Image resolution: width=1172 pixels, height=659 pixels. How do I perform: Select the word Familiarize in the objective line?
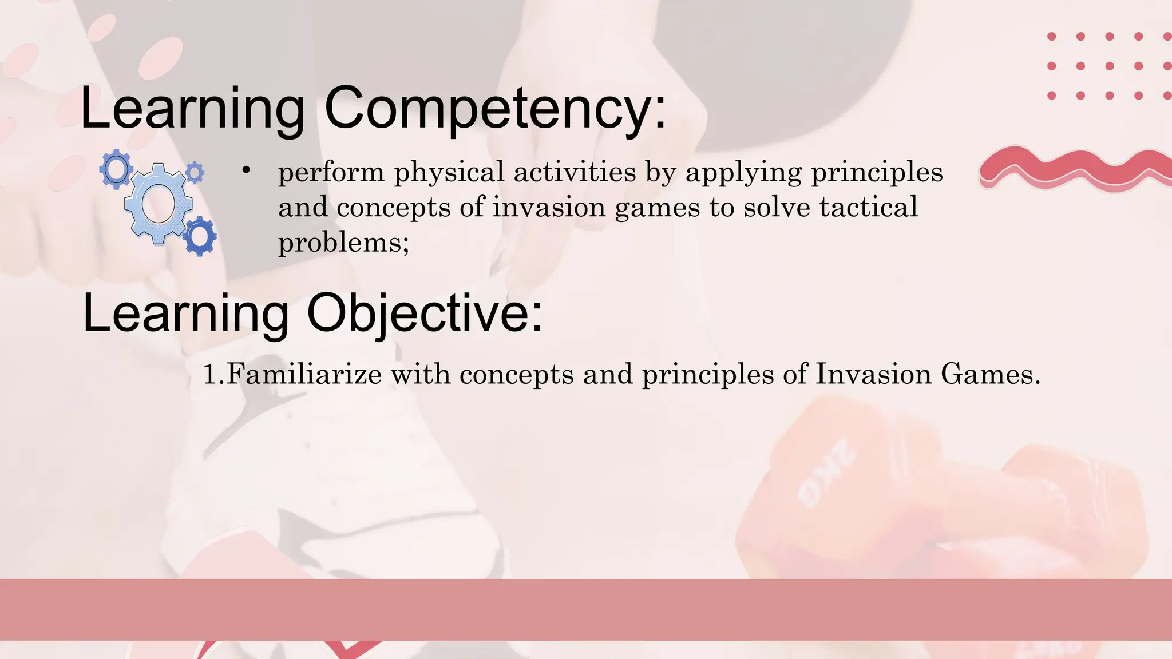304,374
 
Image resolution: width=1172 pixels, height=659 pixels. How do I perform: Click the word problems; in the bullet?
343,243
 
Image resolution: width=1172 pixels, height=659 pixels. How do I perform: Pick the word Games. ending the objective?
990,374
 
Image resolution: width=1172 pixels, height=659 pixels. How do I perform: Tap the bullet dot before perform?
246,170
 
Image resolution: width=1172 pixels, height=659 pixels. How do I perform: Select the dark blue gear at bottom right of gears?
200,236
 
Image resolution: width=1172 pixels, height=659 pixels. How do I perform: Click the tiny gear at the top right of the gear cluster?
195,172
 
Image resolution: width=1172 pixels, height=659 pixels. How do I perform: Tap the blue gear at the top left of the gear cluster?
116,169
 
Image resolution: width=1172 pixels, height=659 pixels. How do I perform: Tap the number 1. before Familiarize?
214,375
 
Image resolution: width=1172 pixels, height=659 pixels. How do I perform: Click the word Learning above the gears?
192,109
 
